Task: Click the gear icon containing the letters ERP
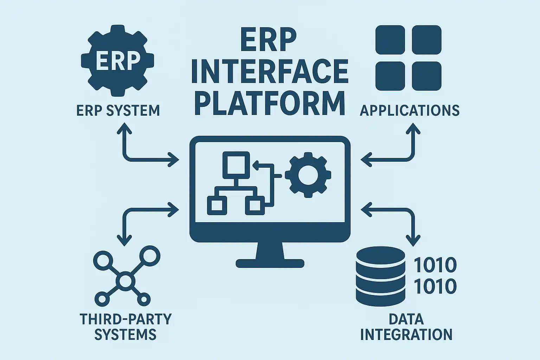117,60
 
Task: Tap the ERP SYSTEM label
118,111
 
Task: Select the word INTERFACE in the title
270,72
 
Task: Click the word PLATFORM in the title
270,103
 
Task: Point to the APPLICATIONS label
410,111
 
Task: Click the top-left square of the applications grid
390,40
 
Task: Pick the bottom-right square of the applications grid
426,76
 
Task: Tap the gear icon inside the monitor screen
308,174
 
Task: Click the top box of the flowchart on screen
236,164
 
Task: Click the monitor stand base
270,263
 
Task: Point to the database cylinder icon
380,276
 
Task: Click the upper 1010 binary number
435,265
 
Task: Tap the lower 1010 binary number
435,287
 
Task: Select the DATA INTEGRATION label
406,327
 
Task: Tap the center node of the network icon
125,281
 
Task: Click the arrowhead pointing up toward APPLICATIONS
413,130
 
